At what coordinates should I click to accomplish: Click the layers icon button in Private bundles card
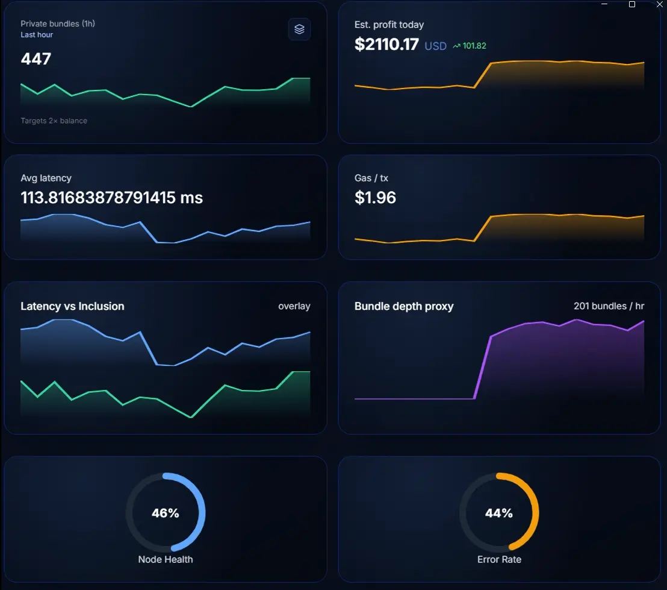coord(299,29)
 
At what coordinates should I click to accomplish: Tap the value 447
coord(36,59)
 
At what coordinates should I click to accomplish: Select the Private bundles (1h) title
coord(58,24)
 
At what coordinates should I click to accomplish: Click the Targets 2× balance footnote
coord(54,121)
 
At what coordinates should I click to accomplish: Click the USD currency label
coord(435,46)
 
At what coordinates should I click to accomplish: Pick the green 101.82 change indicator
coord(470,46)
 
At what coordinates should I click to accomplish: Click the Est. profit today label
coord(389,25)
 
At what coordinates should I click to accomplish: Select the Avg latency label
coord(46,178)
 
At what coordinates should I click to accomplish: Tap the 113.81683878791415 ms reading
coord(111,198)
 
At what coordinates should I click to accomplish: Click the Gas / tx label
coord(371,178)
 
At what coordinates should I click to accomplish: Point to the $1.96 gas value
coord(375,198)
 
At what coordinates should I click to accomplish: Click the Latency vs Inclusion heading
coord(72,306)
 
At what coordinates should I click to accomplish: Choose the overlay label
coord(294,306)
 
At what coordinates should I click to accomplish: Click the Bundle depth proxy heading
coord(403,306)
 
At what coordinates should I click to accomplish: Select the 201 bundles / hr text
coord(609,306)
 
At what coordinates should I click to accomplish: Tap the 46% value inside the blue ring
coord(165,513)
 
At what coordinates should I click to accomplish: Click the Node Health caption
coord(166,559)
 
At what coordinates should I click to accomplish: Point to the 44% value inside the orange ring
coord(499,513)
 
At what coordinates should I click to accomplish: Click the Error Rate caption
coord(499,559)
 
